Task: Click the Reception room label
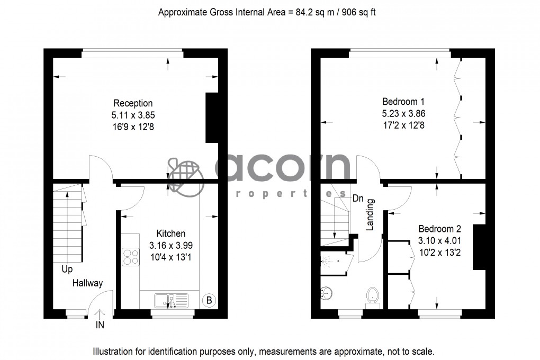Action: click(x=133, y=103)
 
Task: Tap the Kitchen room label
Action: click(x=170, y=233)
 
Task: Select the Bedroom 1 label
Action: click(x=403, y=101)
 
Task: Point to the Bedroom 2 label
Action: click(x=439, y=229)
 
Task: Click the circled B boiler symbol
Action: click(x=209, y=301)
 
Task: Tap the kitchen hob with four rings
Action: click(x=130, y=257)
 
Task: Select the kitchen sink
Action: click(x=171, y=300)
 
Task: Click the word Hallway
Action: click(x=87, y=283)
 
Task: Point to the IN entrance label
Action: click(x=100, y=326)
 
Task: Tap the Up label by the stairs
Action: click(x=67, y=269)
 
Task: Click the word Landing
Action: click(x=371, y=214)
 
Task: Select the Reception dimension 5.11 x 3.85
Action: click(x=133, y=115)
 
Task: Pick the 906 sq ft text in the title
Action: click(x=358, y=12)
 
